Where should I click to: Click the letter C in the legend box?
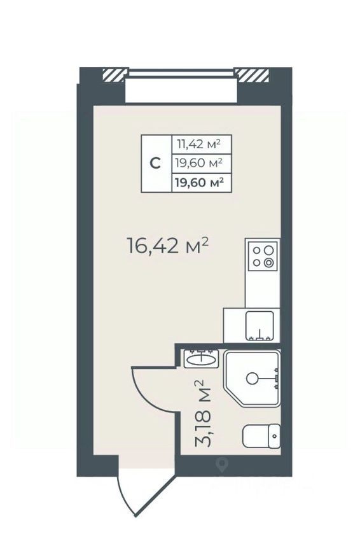[x=155, y=164]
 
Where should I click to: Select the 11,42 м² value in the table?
[x=199, y=144]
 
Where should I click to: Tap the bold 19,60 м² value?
[x=199, y=182]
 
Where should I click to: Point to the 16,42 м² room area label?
[x=168, y=246]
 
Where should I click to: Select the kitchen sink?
[x=260, y=325]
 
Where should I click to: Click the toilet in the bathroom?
[x=261, y=437]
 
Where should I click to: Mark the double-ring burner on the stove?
[x=269, y=262]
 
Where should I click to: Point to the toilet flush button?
[x=274, y=437]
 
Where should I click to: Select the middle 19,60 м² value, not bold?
[x=199, y=163]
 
